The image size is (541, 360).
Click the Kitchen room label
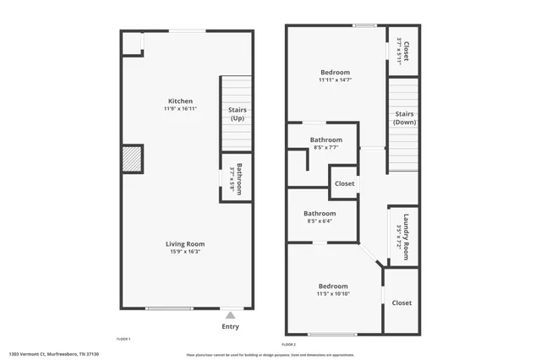pos(180,101)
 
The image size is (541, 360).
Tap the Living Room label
pos(185,244)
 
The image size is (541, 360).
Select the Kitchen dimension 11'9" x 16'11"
pos(180,109)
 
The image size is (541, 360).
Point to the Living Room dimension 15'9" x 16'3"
pos(185,252)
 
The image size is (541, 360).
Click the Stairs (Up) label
pos(237,113)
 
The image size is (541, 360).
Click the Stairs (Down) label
pos(404,117)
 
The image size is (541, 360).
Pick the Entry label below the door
pos(230,326)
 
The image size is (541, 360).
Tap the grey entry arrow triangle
pos(230,315)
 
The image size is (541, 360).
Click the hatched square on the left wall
pos(131,158)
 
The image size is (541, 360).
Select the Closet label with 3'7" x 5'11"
pos(404,51)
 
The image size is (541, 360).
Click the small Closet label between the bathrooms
pos(344,183)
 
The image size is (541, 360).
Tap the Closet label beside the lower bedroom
pos(402,303)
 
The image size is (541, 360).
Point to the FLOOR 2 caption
pos(289,345)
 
